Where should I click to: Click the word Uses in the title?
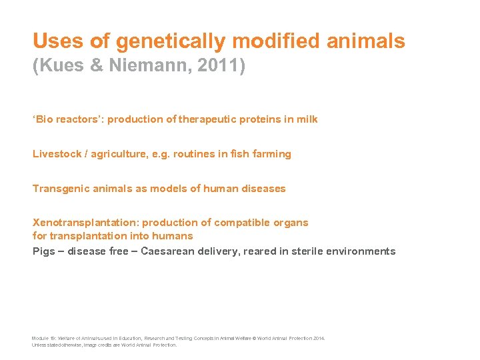click(58, 41)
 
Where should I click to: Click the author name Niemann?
click(134, 67)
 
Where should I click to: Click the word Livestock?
click(55, 154)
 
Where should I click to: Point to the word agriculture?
click(115, 154)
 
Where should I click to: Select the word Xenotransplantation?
click(82, 223)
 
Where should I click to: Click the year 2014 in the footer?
click(317, 339)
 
